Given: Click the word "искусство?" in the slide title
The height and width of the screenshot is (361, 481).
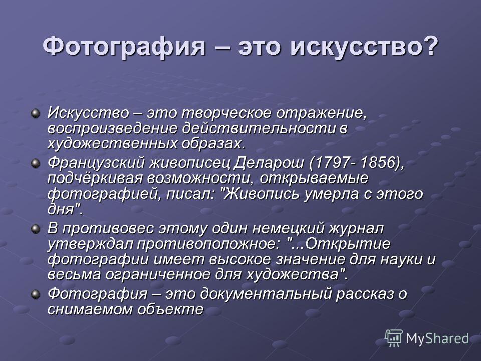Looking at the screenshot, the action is [364, 46].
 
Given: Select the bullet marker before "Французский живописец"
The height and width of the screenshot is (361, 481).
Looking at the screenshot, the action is [36, 164].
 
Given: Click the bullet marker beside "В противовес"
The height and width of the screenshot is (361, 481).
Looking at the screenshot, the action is [36, 229].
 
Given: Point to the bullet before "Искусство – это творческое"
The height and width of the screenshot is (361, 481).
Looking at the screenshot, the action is [36, 114].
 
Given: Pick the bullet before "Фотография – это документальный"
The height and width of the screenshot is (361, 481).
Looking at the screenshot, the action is [36, 294].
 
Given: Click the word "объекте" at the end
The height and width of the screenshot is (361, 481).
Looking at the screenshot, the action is [170, 309].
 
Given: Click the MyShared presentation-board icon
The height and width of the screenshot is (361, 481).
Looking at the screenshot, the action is [394, 338].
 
